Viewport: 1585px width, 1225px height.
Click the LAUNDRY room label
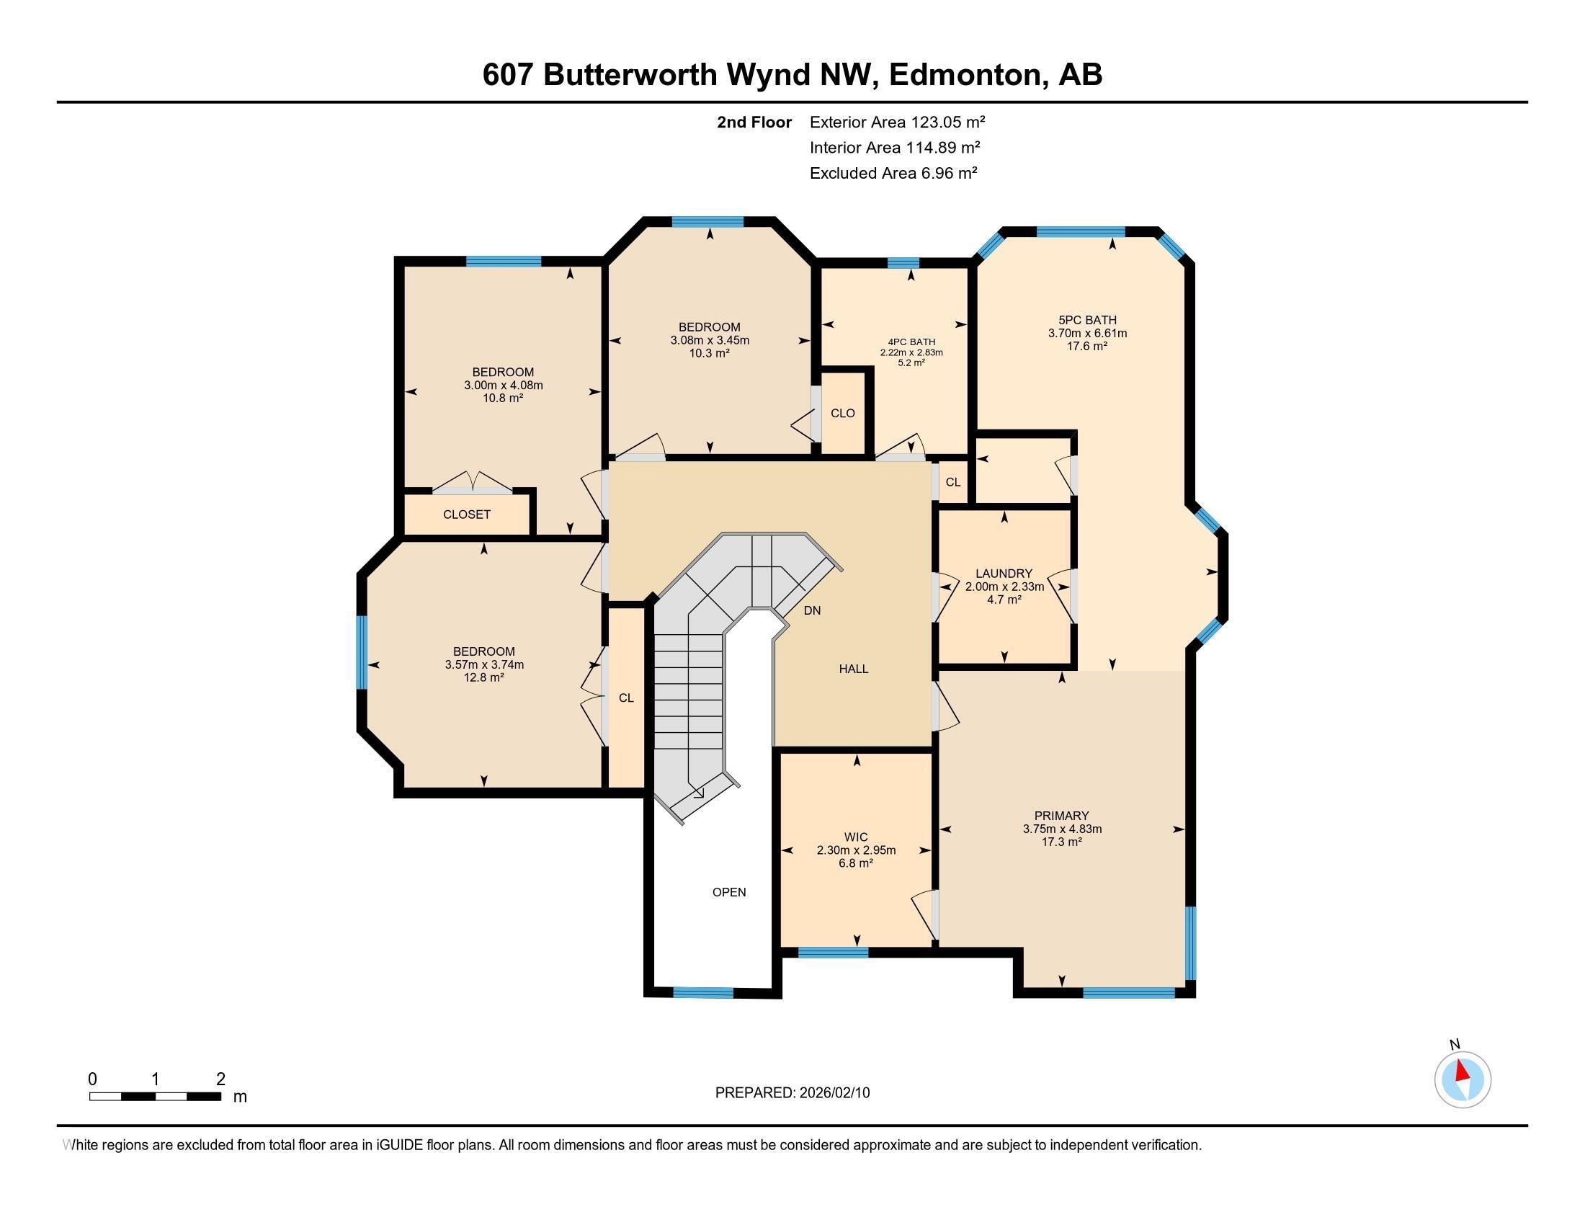[1004, 574]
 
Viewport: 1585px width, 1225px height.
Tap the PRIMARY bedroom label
[1062, 816]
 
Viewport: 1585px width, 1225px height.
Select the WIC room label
[856, 837]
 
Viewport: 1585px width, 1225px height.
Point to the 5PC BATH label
[1087, 320]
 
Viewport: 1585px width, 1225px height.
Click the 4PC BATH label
[911, 342]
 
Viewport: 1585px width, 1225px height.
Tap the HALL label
[854, 669]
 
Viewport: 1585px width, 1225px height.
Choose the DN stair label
[812, 611]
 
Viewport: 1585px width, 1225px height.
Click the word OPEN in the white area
[729, 893]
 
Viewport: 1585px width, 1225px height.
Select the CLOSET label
[467, 514]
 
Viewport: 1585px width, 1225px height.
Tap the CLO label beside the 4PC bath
[843, 414]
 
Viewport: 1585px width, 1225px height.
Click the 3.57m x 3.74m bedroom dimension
[484, 665]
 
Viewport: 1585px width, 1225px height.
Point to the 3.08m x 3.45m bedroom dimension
[710, 340]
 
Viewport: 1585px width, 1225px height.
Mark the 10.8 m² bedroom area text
[504, 398]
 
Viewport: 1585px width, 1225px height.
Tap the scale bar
[156, 1096]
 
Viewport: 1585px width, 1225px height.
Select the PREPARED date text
[792, 1093]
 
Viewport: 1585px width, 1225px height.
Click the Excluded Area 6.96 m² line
[893, 173]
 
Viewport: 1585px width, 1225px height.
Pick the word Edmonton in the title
[964, 75]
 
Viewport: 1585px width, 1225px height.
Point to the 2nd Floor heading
[754, 122]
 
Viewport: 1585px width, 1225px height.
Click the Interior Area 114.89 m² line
[895, 147]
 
